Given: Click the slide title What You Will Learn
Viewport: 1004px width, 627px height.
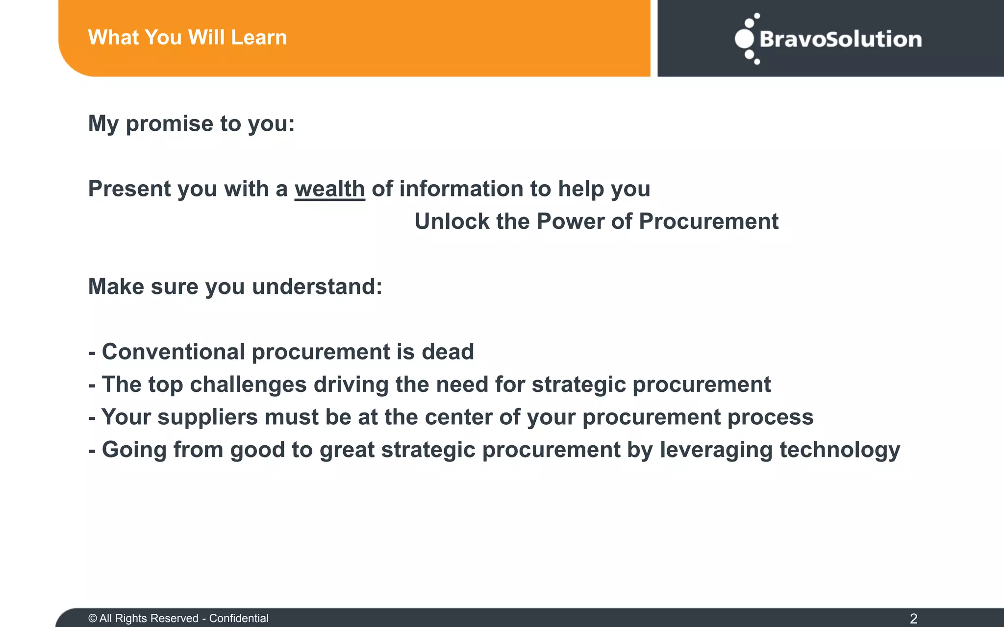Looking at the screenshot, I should pos(187,38).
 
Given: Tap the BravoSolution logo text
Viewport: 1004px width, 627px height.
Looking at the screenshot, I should pos(840,39).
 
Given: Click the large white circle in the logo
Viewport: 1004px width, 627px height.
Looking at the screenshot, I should pos(744,39).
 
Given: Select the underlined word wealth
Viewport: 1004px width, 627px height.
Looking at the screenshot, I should pos(329,189).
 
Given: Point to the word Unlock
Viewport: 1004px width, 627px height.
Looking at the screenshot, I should pos(452,221).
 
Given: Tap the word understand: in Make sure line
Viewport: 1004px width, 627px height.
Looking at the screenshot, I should pos(317,287).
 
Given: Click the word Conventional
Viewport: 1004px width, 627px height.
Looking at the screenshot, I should pos(173,352).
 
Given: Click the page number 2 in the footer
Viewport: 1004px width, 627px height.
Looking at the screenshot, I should pos(913,618).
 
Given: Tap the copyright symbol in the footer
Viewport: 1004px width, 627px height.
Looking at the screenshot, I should pos(93,618).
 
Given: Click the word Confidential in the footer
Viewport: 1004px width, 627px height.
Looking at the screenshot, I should pos(239,618).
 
